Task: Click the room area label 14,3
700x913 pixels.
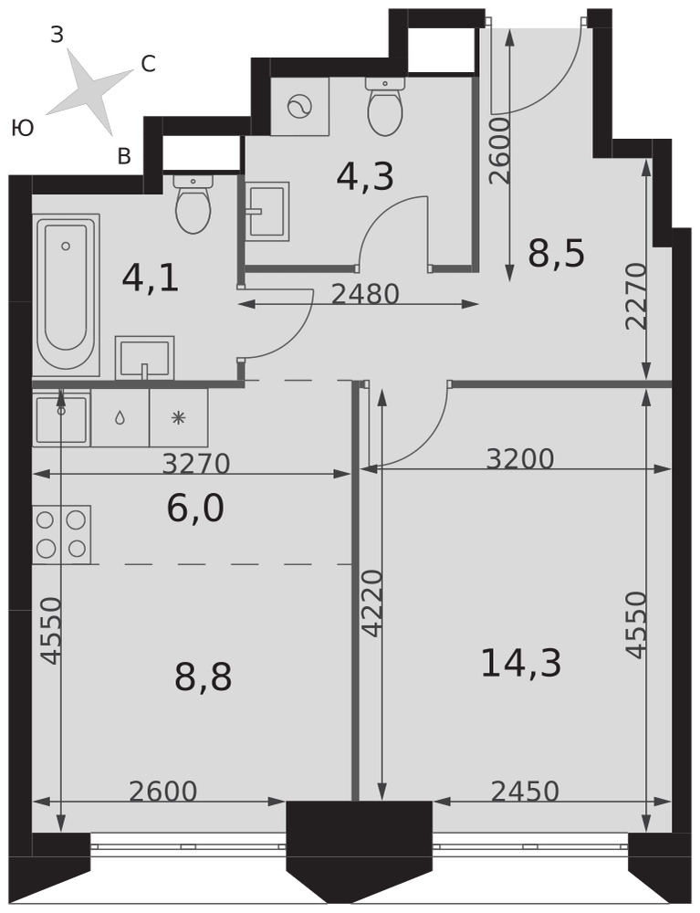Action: coord(521,664)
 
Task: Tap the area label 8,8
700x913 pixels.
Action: coord(204,677)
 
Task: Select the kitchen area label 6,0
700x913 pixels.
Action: coord(195,509)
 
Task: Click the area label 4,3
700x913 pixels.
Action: coord(365,176)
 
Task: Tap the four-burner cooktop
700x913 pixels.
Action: coord(62,534)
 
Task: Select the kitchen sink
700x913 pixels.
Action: coord(62,419)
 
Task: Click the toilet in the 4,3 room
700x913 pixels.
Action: coord(384,105)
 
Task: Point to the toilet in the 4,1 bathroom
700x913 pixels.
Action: coord(193,203)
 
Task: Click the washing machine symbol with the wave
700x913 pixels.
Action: coord(300,107)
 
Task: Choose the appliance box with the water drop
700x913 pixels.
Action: coord(120,418)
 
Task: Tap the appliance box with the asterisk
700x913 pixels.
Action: coord(179,418)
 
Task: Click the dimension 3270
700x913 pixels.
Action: coord(196,464)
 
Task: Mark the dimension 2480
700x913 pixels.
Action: coord(365,294)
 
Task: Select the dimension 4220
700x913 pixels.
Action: coord(372,603)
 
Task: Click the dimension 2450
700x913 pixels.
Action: coord(525,792)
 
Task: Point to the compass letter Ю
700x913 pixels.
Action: coord(23,128)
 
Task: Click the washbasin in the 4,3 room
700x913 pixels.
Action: coord(267,212)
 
